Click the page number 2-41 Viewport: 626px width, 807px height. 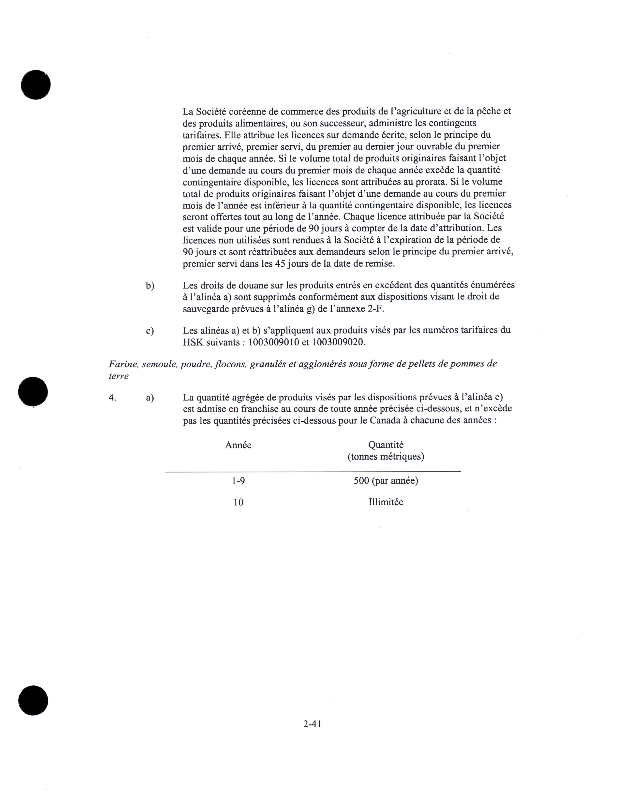312,724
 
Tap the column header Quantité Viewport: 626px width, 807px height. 386,445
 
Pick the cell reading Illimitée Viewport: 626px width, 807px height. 386,502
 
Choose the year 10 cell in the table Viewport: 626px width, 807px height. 238,502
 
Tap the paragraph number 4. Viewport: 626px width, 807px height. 112,398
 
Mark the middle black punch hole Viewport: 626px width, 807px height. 33,392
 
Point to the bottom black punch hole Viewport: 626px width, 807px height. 33,700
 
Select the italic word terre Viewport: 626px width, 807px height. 118,376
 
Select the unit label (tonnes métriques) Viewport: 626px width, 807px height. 386,457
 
